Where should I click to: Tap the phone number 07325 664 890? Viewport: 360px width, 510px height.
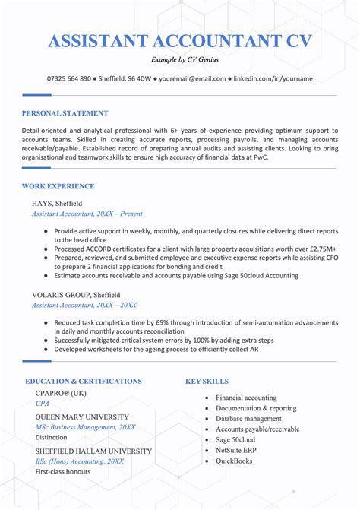pyautogui.click(x=69, y=78)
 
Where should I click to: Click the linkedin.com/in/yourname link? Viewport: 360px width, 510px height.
pyautogui.click(x=273, y=78)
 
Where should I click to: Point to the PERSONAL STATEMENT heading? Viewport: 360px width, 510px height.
pyautogui.click(x=65, y=113)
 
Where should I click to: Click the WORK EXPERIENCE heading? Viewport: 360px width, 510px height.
pyautogui.click(x=58, y=186)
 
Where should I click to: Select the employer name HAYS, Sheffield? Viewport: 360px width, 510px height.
pyautogui.click(x=57, y=204)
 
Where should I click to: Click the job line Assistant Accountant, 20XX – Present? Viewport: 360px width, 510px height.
pyautogui.click(x=87, y=215)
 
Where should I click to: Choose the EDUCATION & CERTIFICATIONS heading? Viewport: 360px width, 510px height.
pyautogui.click(x=84, y=381)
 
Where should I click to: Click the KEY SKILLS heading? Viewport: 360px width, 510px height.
pyautogui.click(x=207, y=381)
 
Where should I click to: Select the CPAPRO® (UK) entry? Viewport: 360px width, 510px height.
pyautogui.click(x=61, y=393)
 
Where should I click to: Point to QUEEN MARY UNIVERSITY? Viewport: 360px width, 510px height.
pyautogui.click(x=82, y=417)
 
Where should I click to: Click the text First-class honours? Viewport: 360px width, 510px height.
pyautogui.click(x=63, y=471)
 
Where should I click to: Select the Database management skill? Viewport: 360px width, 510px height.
pyautogui.click(x=248, y=418)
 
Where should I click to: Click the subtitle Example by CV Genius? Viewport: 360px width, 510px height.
pyautogui.click(x=180, y=60)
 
